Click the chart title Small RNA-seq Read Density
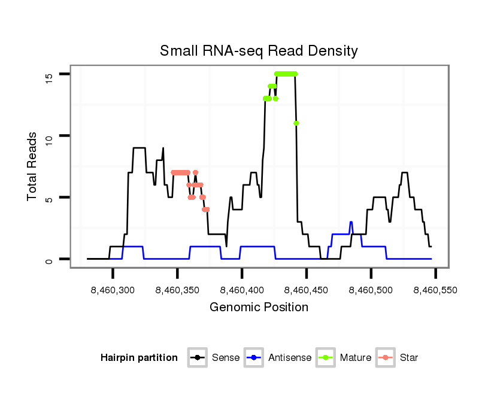[259, 51]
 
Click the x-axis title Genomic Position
[259, 308]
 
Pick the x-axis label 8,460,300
[113, 290]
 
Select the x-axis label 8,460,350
[178, 290]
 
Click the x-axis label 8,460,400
[242, 290]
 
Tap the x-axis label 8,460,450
[307, 290]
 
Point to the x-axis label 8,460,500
[371, 290]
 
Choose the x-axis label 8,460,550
[435, 290]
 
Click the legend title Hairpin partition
[139, 358]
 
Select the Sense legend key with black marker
[197, 358]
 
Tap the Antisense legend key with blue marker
[254, 358]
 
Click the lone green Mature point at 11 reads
[296, 123]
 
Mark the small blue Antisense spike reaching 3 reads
[351, 223]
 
